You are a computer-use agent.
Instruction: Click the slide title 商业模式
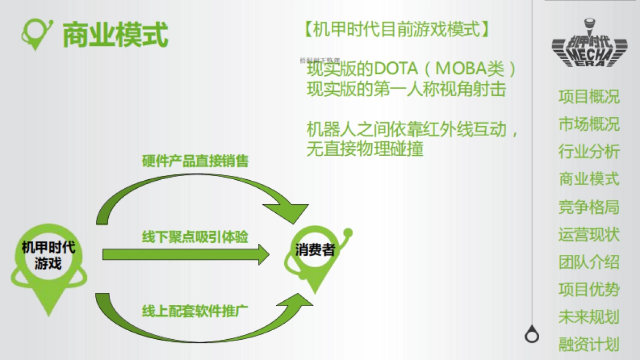(115, 35)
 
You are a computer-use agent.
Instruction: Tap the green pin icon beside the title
(37, 33)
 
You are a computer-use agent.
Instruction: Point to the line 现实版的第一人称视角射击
(406, 89)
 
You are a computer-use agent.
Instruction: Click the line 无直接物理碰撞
(365, 149)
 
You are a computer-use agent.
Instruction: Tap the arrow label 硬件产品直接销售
(195, 161)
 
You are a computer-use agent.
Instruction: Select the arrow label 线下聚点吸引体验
(195, 237)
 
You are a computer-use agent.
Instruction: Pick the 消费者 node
(315, 250)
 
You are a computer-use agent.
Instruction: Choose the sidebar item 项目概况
(589, 97)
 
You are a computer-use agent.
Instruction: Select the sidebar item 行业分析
(589, 151)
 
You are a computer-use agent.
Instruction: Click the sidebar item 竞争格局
(589, 207)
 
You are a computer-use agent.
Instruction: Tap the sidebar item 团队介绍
(589, 262)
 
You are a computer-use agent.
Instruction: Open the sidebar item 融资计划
(589, 345)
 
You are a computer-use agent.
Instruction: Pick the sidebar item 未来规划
(589, 317)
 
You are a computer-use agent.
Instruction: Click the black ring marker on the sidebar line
(532, 335)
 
